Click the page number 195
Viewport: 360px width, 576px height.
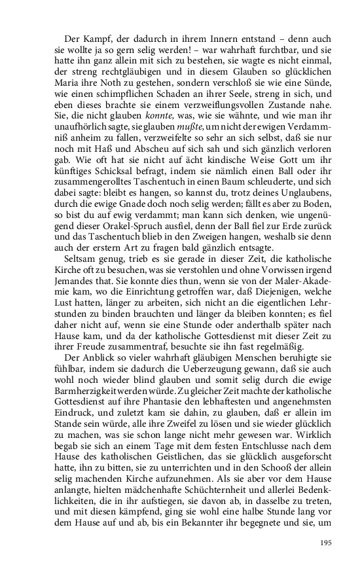click(x=326, y=542)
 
